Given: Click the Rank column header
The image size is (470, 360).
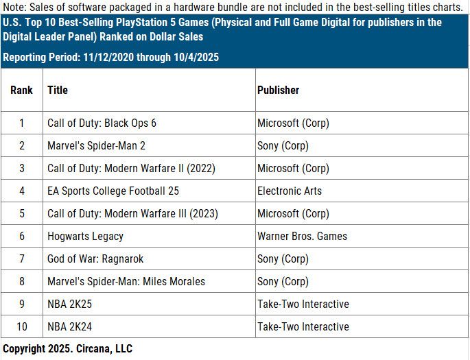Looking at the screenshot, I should [21, 90].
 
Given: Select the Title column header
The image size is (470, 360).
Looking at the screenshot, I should [58, 90].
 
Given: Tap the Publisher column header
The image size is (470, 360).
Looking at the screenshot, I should [278, 90].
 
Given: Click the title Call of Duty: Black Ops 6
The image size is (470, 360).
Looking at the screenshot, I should [102, 123].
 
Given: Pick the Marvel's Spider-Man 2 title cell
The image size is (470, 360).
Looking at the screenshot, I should [96, 146].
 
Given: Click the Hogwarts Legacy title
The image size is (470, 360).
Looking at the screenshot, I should [85, 237].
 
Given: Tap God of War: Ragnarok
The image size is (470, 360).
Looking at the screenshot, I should [95, 259].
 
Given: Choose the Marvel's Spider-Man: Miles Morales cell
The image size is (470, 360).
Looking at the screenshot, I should [126, 281].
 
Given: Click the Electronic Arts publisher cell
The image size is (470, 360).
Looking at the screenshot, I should [290, 191].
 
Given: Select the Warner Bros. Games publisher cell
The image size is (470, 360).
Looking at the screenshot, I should [302, 237].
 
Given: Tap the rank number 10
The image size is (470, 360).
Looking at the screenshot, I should [21, 326].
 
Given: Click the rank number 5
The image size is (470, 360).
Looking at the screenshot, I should [21, 214].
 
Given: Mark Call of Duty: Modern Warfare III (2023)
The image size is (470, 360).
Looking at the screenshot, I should [132, 214].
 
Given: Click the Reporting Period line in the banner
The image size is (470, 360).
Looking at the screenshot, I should [110, 57].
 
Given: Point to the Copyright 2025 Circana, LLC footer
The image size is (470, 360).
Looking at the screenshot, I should [67, 349].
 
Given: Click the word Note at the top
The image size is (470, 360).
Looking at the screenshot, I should [14, 8].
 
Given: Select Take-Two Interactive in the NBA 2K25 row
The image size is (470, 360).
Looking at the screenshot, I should [303, 304].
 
